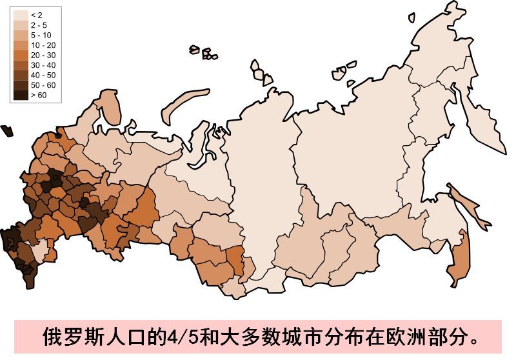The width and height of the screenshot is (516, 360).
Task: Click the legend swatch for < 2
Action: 21,14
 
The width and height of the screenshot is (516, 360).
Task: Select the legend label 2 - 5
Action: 37,25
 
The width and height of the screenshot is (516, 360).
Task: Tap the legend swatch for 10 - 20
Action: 21,45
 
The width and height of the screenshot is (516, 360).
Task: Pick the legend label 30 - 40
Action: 39,65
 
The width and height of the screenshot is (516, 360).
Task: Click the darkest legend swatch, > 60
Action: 21,95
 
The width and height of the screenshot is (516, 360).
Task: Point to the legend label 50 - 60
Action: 39,85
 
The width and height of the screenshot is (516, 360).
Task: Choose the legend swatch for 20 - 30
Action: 21,55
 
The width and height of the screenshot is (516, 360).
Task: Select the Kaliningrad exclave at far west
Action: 6,130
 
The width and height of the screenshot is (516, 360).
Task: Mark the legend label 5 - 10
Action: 39,35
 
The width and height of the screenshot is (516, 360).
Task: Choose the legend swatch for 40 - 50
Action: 21,75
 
